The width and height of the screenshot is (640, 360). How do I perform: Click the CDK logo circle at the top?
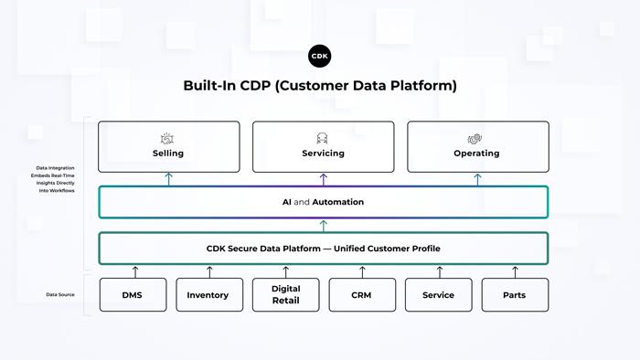pyautogui.click(x=320, y=56)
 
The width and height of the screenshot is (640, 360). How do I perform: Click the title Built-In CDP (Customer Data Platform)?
pyautogui.click(x=320, y=86)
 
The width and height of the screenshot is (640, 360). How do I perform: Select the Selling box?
pyautogui.click(x=168, y=146)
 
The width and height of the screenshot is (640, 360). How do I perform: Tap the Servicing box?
pyautogui.click(x=323, y=146)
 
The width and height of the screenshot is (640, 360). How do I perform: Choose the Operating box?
pyautogui.click(x=476, y=146)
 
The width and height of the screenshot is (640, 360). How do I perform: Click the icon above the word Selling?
pyautogui.click(x=168, y=138)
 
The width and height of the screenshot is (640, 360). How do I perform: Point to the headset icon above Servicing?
pyautogui.click(x=323, y=138)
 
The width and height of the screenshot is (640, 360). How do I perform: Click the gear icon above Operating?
pyautogui.click(x=475, y=138)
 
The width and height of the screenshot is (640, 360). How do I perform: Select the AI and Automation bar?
pyautogui.click(x=323, y=202)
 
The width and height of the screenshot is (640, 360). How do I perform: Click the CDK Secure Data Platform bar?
pyautogui.click(x=323, y=249)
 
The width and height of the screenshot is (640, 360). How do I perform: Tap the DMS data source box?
pyautogui.click(x=133, y=295)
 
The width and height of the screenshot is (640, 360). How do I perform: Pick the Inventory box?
pyautogui.click(x=209, y=295)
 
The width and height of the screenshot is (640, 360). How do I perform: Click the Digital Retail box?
pyautogui.click(x=285, y=295)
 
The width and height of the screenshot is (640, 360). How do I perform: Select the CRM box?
pyautogui.click(x=362, y=295)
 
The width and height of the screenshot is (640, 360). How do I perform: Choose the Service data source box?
pyautogui.click(x=439, y=295)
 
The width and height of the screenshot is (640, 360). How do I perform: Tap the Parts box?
pyautogui.click(x=515, y=295)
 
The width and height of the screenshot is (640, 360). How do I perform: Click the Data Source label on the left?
pyautogui.click(x=60, y=295)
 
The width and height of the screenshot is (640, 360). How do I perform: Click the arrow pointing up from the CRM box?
pyautogui.click(x=362, y=271)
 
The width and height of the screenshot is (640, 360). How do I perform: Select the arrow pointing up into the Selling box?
pyautogui.click(x=168, y=179)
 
